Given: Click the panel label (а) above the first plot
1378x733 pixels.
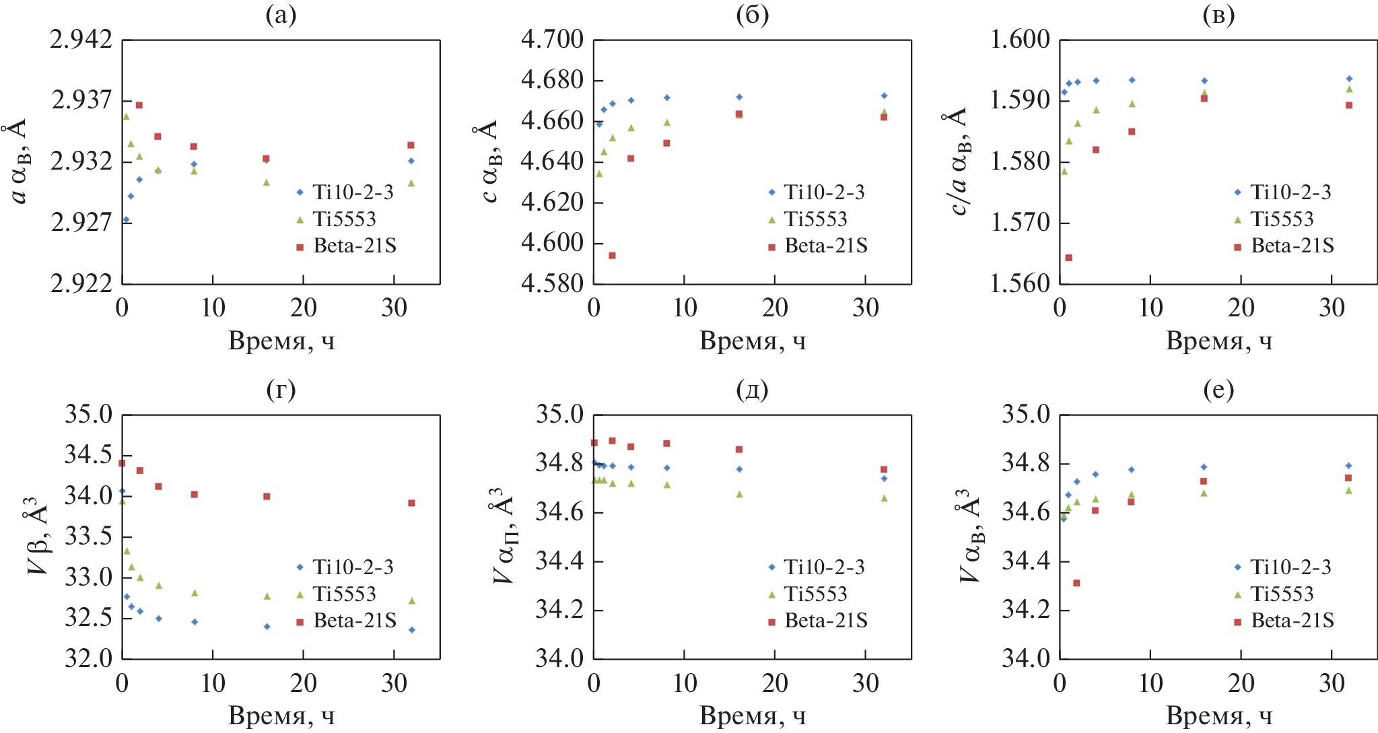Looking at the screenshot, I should point(281,15).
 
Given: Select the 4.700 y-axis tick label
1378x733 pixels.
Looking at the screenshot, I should point(552,40).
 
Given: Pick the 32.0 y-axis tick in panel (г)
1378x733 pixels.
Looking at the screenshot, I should point(88,658).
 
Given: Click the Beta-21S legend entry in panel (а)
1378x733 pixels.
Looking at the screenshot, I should point(354,246).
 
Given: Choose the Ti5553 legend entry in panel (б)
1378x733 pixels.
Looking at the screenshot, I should point(815,219).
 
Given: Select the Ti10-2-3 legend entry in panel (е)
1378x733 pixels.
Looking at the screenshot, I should point(1290,567).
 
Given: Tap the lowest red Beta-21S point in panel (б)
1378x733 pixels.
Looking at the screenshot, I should point(612,256).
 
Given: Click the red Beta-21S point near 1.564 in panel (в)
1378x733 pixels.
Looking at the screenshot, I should point(1068,258).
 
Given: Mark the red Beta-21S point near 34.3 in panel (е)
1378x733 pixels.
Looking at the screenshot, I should point(1076,583).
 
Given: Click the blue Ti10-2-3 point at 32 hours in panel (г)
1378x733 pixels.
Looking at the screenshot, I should point(411,630).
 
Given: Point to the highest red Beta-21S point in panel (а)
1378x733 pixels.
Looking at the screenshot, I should point(139,105).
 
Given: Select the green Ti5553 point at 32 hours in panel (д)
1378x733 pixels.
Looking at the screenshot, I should point(884,498).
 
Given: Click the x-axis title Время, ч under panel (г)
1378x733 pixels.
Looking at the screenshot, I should point(281,715).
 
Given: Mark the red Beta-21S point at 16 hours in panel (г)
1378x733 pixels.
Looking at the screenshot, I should point(267,497).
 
